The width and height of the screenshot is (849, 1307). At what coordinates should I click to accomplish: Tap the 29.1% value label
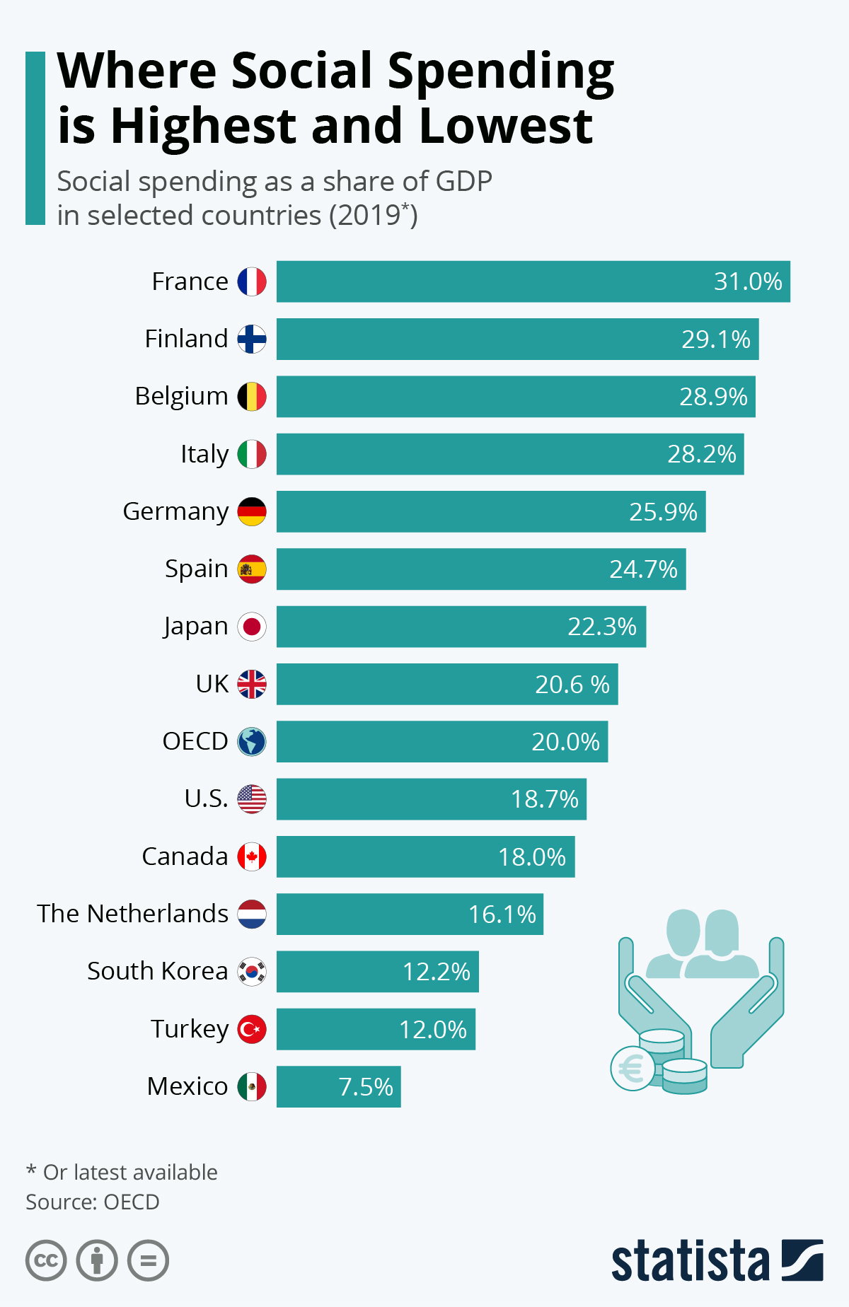(x=715, y=339)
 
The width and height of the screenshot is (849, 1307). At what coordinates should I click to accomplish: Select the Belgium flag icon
(x=252, y=397)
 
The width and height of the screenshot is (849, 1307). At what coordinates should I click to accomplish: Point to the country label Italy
(x=204, y=454)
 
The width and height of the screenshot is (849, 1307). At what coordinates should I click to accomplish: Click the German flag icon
(x=252, y=511)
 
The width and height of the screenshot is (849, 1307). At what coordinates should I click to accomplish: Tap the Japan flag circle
(x=252, y=627)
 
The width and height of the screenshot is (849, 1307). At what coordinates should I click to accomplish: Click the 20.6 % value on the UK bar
(x=572, y=685)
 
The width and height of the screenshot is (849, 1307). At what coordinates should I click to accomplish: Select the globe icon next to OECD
(x=252, y=742)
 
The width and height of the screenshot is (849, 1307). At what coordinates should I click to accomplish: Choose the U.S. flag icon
(x=252, y=799)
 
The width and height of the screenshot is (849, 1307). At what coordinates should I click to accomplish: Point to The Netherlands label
(x=133, y=914)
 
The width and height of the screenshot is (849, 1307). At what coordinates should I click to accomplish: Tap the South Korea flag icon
(x=252, y=972)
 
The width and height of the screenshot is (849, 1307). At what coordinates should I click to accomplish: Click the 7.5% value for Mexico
(x=365, y=1087)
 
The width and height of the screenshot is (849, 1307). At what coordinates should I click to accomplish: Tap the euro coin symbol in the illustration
(x=631, y=1068)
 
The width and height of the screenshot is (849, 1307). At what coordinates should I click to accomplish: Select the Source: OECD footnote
(x=93, y=1202)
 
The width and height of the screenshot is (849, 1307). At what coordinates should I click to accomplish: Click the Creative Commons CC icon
(x=46, y=1260)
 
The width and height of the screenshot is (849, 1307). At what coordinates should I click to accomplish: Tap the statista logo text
(x=690, y=1260)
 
